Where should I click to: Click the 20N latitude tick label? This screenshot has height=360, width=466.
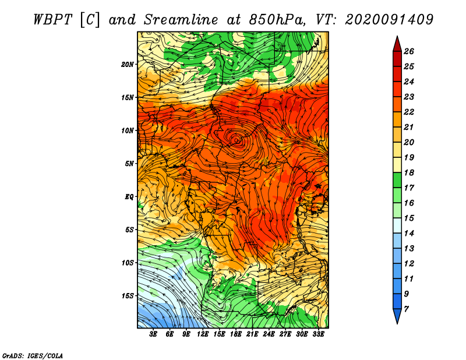128,65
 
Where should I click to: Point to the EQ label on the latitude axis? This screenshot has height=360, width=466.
129,197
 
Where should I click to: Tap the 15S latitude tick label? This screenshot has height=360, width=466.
128,296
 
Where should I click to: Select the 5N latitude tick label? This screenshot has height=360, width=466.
129,164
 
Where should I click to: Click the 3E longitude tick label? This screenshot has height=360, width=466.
153,334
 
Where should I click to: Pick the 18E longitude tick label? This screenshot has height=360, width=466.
236,334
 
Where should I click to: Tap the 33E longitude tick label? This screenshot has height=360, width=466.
318,334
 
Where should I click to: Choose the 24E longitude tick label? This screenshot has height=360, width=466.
269,334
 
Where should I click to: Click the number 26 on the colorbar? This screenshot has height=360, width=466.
409,51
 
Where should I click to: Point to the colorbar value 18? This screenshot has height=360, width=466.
409,172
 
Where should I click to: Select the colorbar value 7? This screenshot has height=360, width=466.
406,309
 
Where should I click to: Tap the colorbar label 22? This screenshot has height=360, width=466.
409,112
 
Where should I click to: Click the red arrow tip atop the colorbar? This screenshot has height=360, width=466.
397,36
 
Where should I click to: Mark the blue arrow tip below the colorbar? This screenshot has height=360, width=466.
397,323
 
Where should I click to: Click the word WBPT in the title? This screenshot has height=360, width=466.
53,20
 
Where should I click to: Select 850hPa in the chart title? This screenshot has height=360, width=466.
277,20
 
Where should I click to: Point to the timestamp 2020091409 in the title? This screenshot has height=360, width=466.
389,20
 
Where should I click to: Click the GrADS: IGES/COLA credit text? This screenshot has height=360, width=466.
33,355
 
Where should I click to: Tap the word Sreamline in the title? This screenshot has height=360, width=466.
181,20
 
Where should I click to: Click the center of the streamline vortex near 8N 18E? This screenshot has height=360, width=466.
236,140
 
